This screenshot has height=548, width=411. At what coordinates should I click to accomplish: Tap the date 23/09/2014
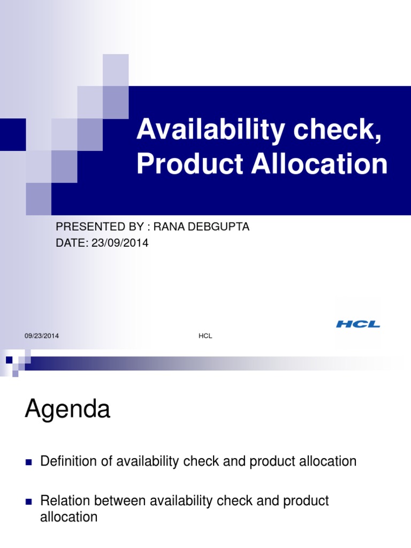[119, 243]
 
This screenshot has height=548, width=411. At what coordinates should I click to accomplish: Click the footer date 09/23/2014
[42, 336]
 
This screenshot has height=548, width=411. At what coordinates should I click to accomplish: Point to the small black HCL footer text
[205, 336]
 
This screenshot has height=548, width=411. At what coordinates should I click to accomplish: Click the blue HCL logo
[358, 324]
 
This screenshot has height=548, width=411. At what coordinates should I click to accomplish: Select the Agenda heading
[67, 411]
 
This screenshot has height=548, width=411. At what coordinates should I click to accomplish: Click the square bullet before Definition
[29, 462]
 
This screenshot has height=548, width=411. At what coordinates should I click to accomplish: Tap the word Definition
[67, 461]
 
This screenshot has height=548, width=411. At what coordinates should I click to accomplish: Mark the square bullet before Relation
[29, 502]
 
